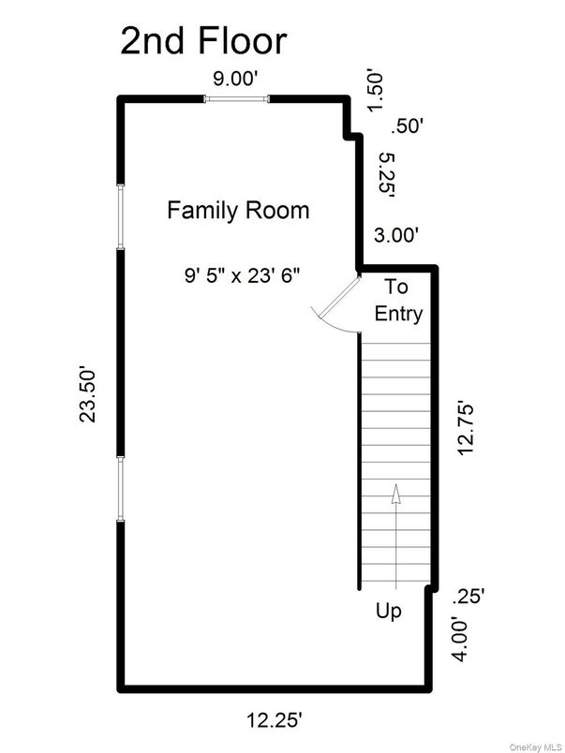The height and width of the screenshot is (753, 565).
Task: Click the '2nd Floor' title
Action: click(202, 42)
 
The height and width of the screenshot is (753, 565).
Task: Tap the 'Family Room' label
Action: click(238, 210)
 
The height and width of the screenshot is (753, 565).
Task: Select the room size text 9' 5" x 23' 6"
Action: click(247, 275)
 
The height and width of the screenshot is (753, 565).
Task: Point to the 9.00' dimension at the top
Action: click(236, 81)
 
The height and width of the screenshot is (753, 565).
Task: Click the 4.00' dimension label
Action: click(460, 639)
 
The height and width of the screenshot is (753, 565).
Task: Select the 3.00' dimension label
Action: click(396, 235)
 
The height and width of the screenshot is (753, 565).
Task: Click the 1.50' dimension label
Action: click(377, 91)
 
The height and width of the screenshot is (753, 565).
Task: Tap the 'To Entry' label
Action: click(398, 301)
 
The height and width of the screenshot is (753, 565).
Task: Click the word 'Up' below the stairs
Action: click(389, 612)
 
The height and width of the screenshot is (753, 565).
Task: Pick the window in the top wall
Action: click(238, 98)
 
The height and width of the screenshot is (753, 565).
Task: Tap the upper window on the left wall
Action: click(120, 216)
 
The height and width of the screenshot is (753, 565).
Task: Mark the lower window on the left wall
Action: click(120, 487)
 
